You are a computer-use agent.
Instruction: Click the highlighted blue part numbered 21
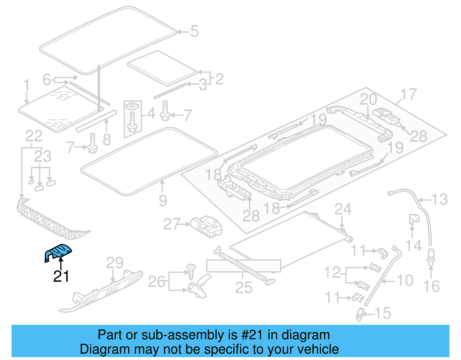point(58,252)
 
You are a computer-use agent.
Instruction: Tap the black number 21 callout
point(61,276)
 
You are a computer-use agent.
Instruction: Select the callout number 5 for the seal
point(194,31)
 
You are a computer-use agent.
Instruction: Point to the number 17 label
point(408,95)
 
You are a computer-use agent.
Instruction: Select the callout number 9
point(163,201)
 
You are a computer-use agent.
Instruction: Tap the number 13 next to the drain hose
point(439,199)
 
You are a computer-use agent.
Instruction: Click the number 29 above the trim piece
point(114,263)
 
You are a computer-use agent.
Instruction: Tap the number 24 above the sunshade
point(343,209)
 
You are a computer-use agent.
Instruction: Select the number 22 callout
point(34,136)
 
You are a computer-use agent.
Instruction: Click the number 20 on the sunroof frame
point(368,100)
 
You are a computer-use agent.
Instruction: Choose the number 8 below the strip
point(107,140)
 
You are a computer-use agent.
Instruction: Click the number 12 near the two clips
point(332,272)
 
